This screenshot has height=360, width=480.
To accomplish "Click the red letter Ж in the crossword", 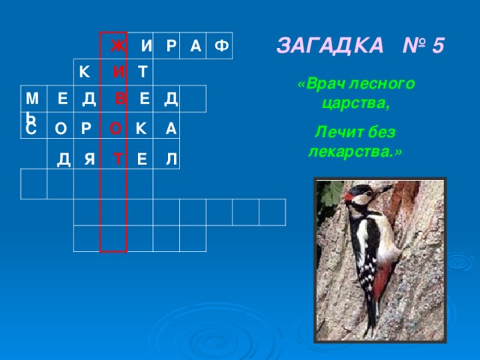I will (117, 46).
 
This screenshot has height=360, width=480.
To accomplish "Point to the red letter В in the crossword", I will (120, 99).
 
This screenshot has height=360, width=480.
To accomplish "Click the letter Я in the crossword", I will (91, 159).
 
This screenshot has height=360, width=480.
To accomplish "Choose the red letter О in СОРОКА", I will (115, 128).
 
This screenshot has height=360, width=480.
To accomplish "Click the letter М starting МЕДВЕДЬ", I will (31, 99).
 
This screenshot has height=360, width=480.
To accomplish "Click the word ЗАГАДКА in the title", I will (327, 46).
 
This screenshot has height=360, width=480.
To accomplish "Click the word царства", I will (355, 102).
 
